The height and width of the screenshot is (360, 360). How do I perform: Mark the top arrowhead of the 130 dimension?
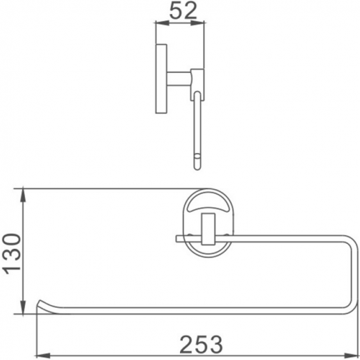point(26,191)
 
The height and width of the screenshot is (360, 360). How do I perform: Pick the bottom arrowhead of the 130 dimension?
point(26,311)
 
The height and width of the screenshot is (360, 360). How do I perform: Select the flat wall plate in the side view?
point(160,79)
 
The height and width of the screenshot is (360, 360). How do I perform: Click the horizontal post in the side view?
point(180,76)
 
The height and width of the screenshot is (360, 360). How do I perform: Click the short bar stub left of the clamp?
point(183,238)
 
